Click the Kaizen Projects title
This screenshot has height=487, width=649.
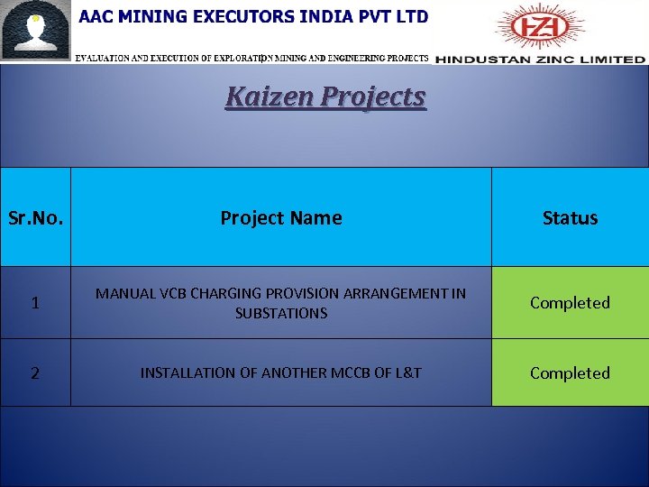tap(325, 96)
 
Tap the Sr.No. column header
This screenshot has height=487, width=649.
tap(35, 217)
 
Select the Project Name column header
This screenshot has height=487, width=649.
tap(281, 217)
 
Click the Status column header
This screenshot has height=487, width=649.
tap(570, 217)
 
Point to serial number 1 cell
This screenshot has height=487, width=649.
tap(35, 303)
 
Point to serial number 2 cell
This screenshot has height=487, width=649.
tap(35, 372)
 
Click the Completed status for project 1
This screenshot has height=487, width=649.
tap(570, 303)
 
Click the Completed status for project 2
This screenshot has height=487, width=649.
tap(570, 372)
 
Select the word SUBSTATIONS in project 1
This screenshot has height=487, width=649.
tap(281, 314)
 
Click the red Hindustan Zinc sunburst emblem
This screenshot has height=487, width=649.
tap(541, 26)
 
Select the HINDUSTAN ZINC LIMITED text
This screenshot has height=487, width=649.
tap(541, 60)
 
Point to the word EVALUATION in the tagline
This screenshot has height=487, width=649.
tap(105, 58)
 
